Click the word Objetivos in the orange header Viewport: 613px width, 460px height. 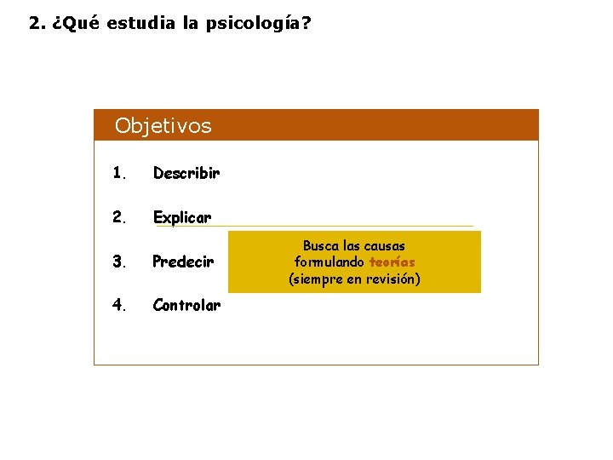(163, 126)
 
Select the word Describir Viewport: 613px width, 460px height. (186, 173)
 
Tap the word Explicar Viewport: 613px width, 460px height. (181, 217)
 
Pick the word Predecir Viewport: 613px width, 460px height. (182, 262)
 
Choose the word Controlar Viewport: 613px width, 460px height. (186, 305)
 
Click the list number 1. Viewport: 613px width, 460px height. (119, 173)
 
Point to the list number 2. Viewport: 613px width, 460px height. (119, 217)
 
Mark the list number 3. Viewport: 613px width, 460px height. (119, 262)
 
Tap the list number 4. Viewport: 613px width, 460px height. (119, 305)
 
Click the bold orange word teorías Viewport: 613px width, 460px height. (392, 262)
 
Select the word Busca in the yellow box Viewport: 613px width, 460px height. (321, 246)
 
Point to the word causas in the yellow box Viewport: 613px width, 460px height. (384, 246)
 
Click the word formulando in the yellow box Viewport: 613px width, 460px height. (329, 262)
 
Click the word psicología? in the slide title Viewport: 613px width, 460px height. (257, 23)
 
